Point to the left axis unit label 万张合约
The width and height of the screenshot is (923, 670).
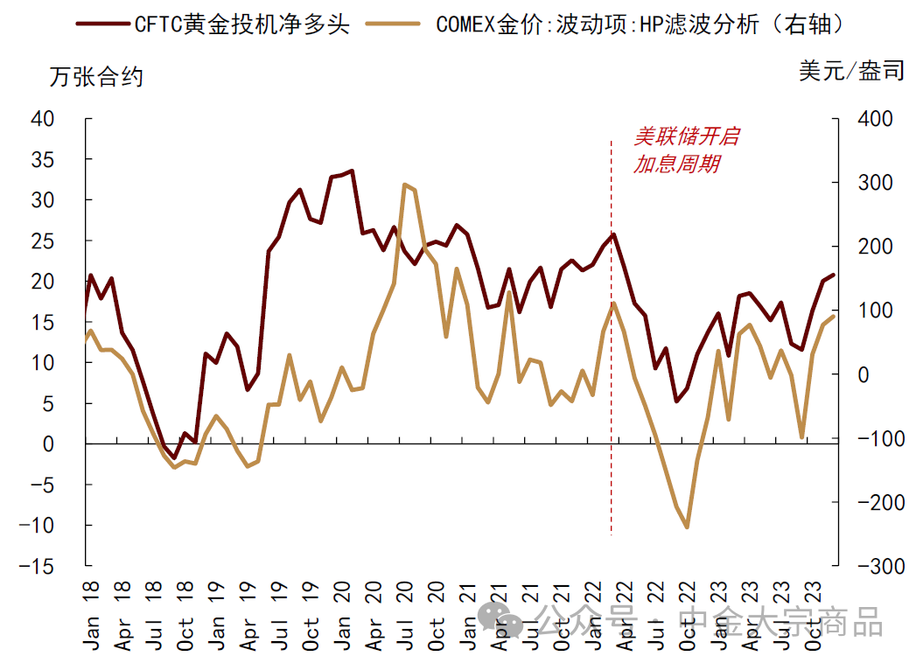[x=96, y=77]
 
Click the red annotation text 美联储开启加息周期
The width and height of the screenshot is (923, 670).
[x=685, y=150]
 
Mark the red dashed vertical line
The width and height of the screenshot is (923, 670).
[x=611, y=350]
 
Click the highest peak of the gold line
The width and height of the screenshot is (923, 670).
[x=404, y=185]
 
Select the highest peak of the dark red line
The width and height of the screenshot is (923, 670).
[x=352, y=171]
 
